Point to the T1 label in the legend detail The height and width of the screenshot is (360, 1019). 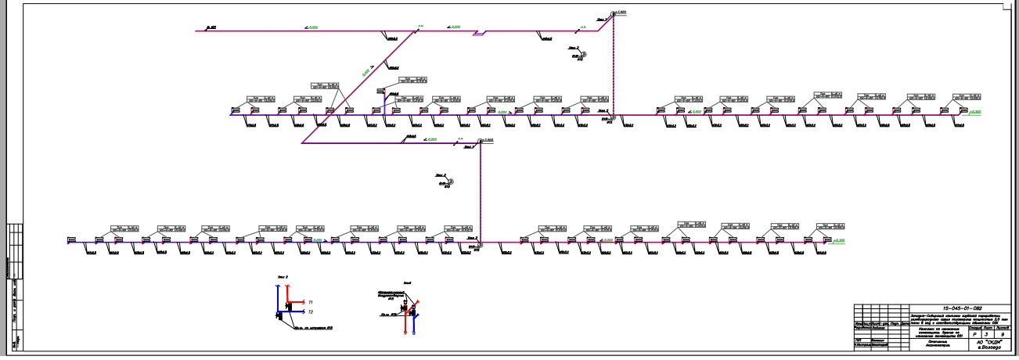coord(311,301)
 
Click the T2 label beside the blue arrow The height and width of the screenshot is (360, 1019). coord(311,312)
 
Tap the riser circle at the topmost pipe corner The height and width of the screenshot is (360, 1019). coord(614,13)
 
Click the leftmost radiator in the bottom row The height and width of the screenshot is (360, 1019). coord(71,239)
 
